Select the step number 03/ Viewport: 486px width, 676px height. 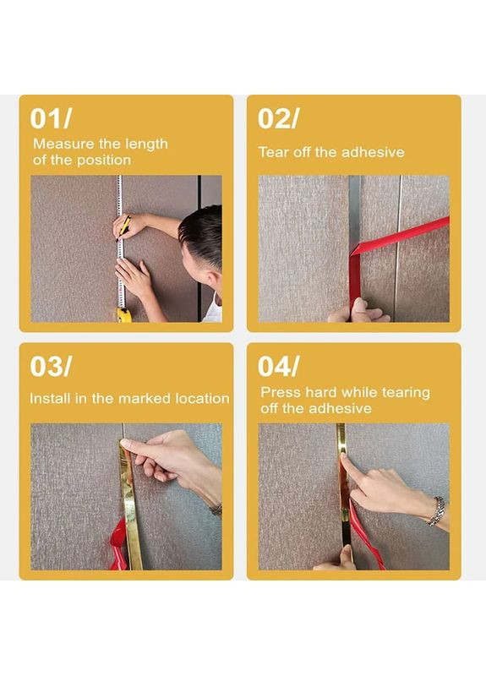click(51, 366)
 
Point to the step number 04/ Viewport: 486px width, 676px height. click(278, 366)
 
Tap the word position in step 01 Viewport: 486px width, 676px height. click(103, 160)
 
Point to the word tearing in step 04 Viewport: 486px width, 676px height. click(405, 393)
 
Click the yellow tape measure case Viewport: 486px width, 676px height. click(123, 315)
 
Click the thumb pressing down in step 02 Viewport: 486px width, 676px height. click(358, 306)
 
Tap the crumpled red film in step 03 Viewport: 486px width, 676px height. click(118, 544)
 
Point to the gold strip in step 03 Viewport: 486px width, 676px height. click(130, 509)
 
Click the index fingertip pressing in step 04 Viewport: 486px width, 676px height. click(344, 458)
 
